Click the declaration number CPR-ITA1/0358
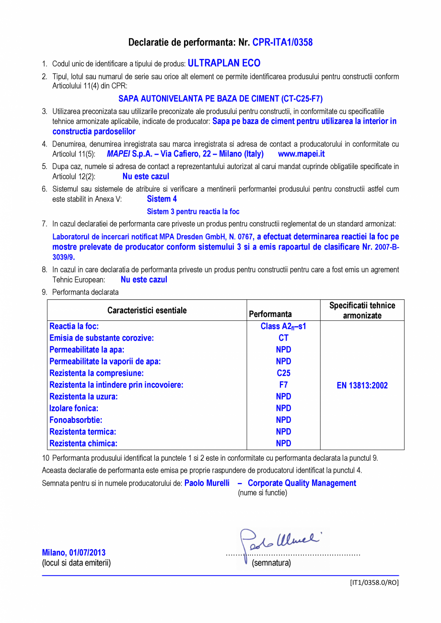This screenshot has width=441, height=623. pyautogui.click(x=282, y=43)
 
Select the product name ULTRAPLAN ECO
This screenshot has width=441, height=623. pyautogui.click(x=224, y=63)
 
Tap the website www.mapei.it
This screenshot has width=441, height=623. pyautogui.click(x=301, y=154)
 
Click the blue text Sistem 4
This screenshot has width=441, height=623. pyautogui.click(x=162, y=199)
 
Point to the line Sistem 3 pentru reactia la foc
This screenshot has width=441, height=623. pyautogui.click(x=193, y=211)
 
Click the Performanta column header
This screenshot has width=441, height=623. pyautogui.click(x=270, y=314)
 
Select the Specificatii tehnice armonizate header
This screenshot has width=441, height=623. pyautogui.click(x=362, y=310)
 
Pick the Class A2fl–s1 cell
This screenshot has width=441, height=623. pyautogui.click(x=283, y=327)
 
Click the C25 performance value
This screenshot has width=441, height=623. pyautogui.click(x=283, y=373)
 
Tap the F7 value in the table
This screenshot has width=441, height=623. pyautogui.click(x=283, y=385)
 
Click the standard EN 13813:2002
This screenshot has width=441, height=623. pyautogui.click(x=362, y=385)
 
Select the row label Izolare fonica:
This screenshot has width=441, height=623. pyautogui.click(x=74, y=408)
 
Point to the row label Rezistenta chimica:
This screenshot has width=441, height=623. pyautogui.click(x=83, y=443)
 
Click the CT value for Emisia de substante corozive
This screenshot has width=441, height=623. pyautogui.click(x=283, y=338)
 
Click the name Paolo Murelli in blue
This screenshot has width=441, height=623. pyautogui.click(x=207, y=483)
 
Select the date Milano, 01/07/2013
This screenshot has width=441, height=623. pyautogui.click(x=74, y=553)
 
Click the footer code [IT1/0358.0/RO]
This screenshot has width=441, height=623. pyautogui.click(x=374, y=582)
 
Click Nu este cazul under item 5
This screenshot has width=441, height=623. pyautogui.click(x=146, y=176)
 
